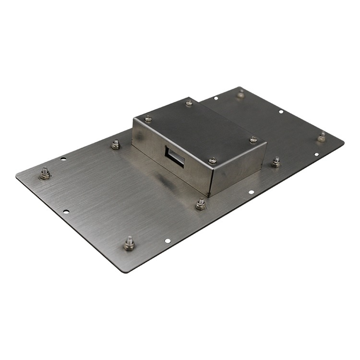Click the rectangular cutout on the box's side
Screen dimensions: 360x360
tap(175, 157)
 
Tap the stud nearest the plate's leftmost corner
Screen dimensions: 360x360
tap(45, 173)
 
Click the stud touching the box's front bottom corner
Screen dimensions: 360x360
tap(201, 204)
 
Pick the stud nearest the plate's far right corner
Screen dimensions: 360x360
tap(322, 137)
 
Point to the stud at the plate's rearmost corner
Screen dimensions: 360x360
tap(240, 94)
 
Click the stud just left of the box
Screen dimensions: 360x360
tap(116, 144)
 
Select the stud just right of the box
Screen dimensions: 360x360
tap(276, 162)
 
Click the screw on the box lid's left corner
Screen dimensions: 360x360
tap(148, 119)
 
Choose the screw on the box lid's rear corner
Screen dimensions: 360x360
tap(189, 102)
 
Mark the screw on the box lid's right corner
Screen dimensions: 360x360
tap(253, 140)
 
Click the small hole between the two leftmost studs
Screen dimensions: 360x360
tap(63, 158)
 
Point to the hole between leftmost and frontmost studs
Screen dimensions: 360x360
tap(66, 212)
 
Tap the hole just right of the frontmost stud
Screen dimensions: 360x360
tap(167, 240)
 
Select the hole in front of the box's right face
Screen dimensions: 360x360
tap(251, 192)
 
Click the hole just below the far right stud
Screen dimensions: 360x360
tap(316, 155)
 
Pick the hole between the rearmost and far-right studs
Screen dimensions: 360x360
tap(281, 112)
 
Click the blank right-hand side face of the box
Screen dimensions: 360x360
tap(240, 168)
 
